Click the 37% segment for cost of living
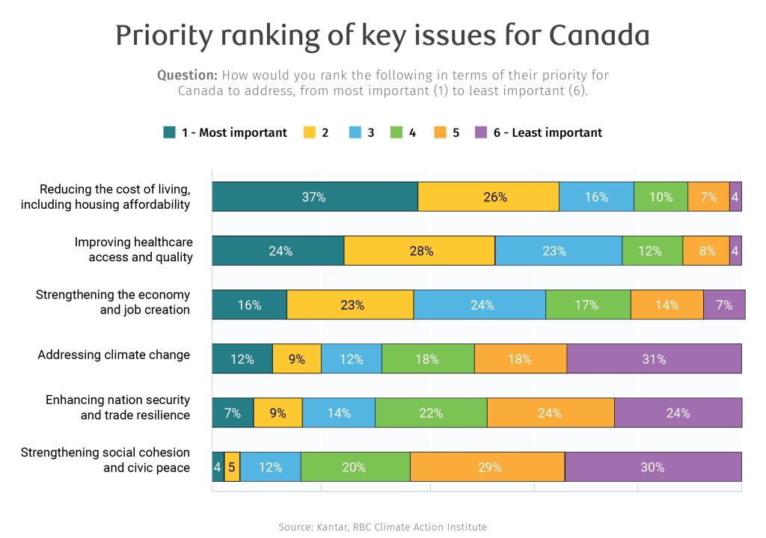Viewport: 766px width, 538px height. [x=314, y=197]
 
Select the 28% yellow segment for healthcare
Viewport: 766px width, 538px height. [x=420, y=251]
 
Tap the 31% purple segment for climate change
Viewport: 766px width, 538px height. [x=654, y=359]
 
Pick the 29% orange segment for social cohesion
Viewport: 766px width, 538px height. [x=487, y=467]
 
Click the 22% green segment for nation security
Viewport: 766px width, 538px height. [x=431, y=413]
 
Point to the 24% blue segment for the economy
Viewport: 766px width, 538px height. [x=479, y=305]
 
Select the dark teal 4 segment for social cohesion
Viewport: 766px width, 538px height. [x=218, y=467]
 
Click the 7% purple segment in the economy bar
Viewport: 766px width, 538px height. [x=724, y=305]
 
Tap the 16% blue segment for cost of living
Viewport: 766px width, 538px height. [x=596, y=197]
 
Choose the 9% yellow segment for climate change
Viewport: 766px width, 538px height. [x=297, y=359]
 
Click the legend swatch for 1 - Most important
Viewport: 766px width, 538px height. [x=170, y=132]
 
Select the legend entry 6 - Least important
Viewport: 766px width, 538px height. [x=547, y=132]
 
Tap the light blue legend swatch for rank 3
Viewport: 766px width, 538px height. [x=355, y=132]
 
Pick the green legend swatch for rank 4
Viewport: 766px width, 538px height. [x=396, y=132]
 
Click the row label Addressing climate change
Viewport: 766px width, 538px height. [x=114, y=355]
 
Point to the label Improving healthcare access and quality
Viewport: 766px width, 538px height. [x=133, y=250]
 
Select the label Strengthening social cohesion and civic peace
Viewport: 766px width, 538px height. [x=105, y=460]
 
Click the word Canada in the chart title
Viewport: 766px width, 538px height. [x=598, y=35]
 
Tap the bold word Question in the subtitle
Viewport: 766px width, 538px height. [x=187, y=76]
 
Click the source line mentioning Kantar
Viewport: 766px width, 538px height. [x=382, y=527]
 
